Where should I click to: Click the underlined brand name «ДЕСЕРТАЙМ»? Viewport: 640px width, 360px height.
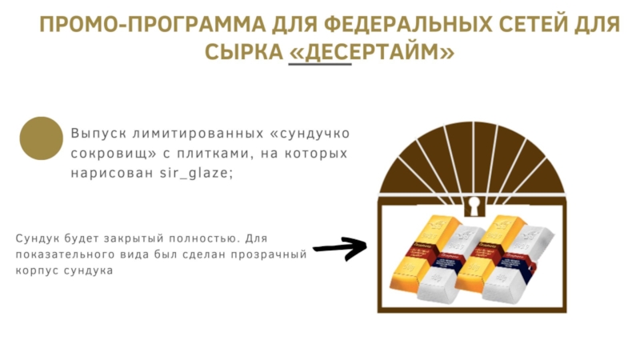(372, 53)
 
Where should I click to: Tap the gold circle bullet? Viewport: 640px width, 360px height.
(41, 138)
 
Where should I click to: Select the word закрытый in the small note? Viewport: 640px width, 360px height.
(123, 238)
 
